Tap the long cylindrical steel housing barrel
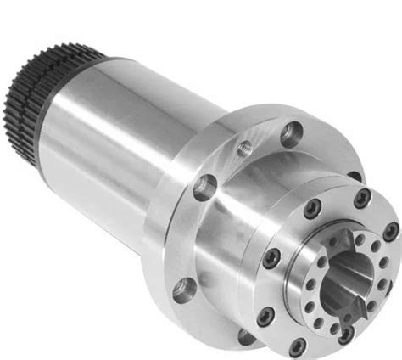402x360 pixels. click(x=127, y=136)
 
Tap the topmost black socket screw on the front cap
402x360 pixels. click(x=362, y=198)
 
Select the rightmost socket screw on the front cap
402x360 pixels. click(x=389, y=230)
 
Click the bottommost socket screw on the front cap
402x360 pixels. click(x=298, y=346)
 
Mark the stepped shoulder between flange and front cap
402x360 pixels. click(x=254, y=221)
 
